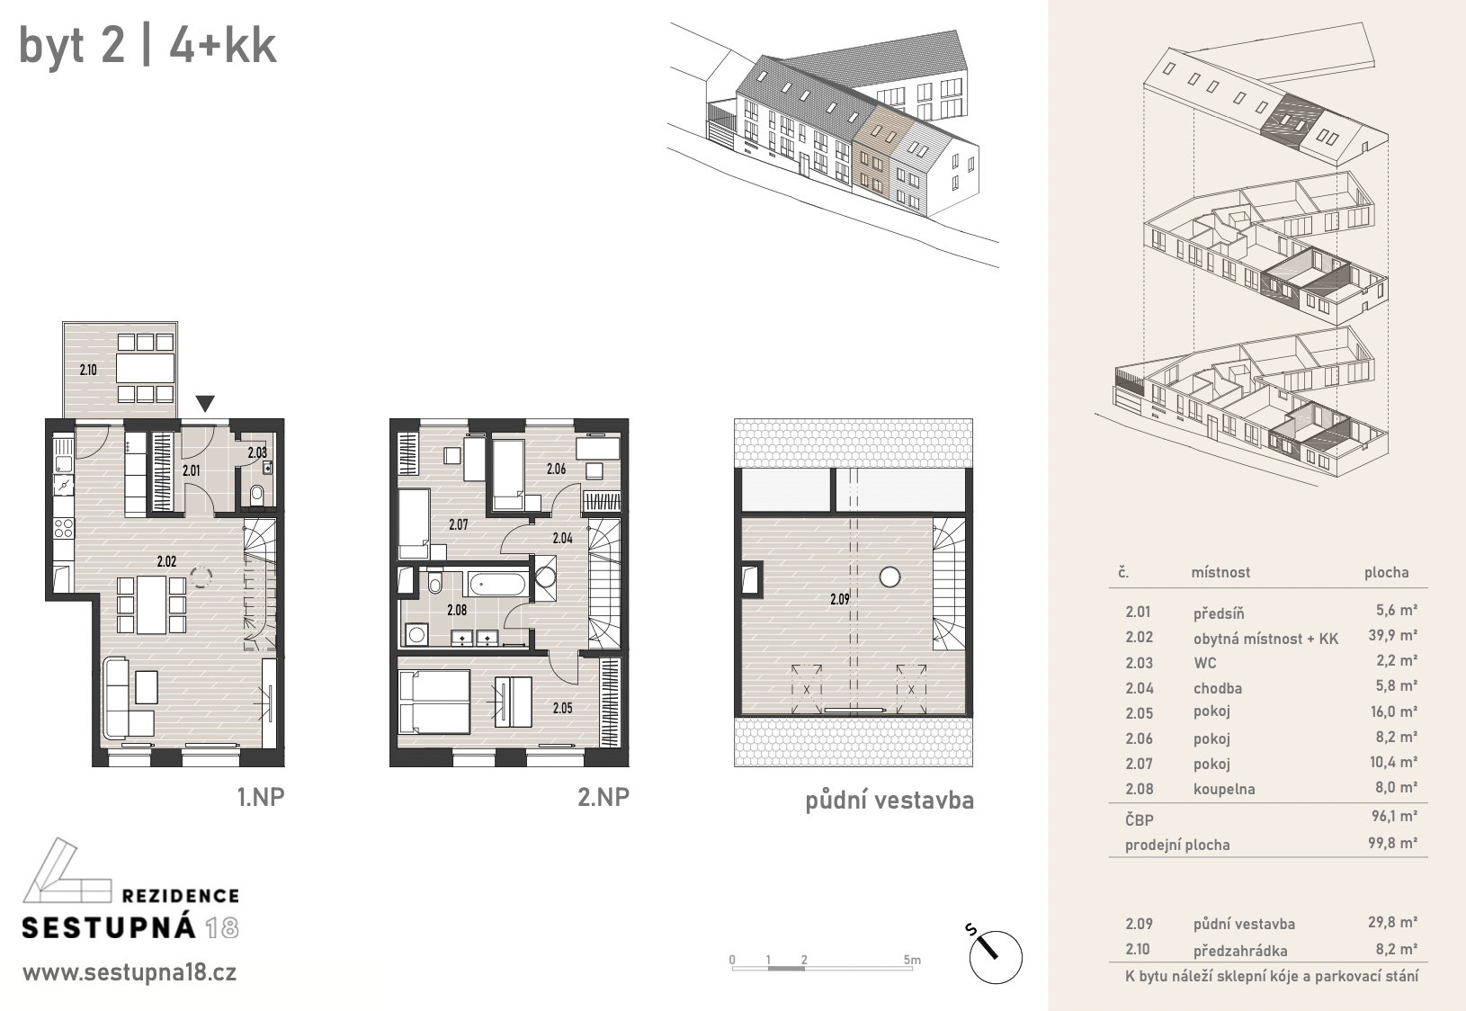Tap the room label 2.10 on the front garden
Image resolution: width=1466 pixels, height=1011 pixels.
[x=88, y=370]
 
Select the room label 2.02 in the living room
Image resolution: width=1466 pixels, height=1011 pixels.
[x=167, y=561]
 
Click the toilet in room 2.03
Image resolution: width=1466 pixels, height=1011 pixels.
[x=256, y=496]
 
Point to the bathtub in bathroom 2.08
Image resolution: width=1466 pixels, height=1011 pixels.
[x=497, y=583]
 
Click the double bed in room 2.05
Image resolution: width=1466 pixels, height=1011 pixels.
[x=434, y=702]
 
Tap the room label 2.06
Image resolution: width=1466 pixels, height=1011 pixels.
[x=557, y=469]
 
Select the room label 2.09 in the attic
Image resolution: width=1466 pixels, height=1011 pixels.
[x=840, y=599]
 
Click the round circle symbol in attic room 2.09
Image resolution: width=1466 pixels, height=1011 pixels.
[x=889, y=577]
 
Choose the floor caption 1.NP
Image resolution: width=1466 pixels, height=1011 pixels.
[x=261, y=797]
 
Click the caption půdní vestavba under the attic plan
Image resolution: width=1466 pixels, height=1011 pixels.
[x=889, y=801]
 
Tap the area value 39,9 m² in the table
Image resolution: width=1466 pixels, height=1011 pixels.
[x=1392, y=635]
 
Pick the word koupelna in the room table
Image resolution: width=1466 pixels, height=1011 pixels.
[x=1224, y=789]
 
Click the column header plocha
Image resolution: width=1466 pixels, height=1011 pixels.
[x=1386, y=573]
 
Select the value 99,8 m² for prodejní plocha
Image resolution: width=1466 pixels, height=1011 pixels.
[x=1392, y=843]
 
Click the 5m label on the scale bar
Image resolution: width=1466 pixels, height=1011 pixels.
[x=912, y=960]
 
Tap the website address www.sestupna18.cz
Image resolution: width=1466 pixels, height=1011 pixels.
[x=130, y=973]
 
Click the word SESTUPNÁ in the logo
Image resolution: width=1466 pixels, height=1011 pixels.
[x=109, y=927]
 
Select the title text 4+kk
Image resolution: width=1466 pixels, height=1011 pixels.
[x=223, y=46]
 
